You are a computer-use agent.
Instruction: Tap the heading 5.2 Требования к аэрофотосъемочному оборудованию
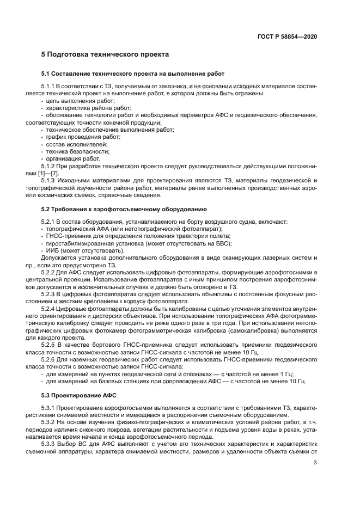click(x=124, y=209)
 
